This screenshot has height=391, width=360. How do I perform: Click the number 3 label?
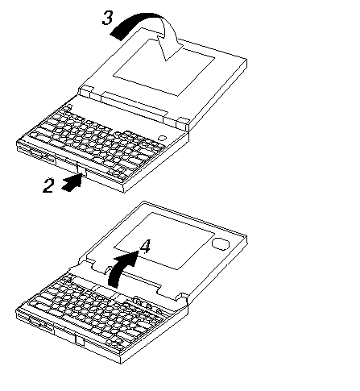107,18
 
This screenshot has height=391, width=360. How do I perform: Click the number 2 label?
48,185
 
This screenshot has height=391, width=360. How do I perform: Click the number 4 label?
145,246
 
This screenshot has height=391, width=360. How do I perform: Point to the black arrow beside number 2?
72,182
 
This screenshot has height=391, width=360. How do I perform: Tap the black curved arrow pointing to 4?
121,268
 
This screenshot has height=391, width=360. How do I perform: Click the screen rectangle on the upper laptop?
163,67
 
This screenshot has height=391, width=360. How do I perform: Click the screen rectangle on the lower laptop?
164,241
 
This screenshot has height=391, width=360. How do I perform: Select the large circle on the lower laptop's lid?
221,243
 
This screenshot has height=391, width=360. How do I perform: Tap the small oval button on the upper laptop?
162,138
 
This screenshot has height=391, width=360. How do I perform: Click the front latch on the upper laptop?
82,170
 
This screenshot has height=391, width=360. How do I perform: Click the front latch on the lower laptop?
80,341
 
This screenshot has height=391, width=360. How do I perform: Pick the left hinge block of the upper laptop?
86,91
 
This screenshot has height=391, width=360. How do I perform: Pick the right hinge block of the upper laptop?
183,123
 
